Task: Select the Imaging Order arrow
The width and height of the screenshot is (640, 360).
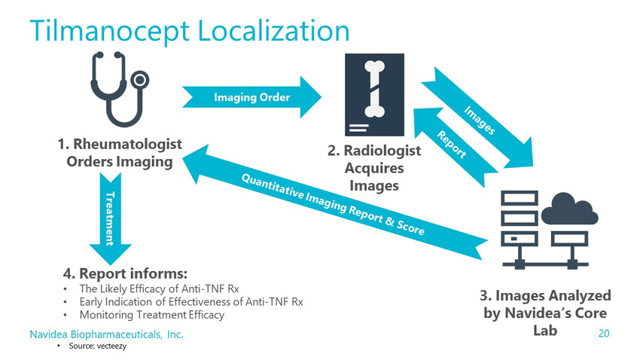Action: [252, 97]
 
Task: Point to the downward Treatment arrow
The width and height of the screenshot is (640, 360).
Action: [110, 218]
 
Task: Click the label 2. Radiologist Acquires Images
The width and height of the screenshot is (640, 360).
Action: [373, 168]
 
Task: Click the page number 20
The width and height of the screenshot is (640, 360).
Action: [602, 333]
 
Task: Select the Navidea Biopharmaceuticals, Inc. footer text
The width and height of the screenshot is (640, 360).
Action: [106, 334]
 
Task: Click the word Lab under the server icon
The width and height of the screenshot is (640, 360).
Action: [543, 330]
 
